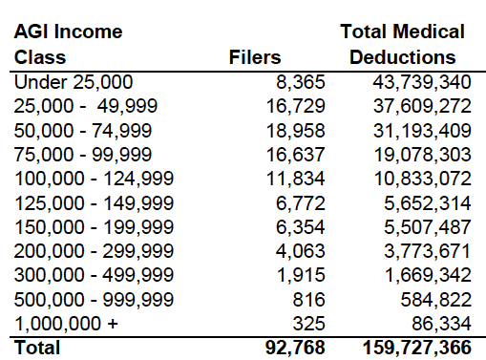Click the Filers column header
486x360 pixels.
point(255,57)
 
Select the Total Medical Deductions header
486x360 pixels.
point(402,44)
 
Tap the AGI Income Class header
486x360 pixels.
point(68,44)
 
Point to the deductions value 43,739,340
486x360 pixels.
point(419,82)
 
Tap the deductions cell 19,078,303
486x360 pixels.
point(419,148)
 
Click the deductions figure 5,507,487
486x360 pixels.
point(424,214)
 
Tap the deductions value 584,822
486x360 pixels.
point(433,280)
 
